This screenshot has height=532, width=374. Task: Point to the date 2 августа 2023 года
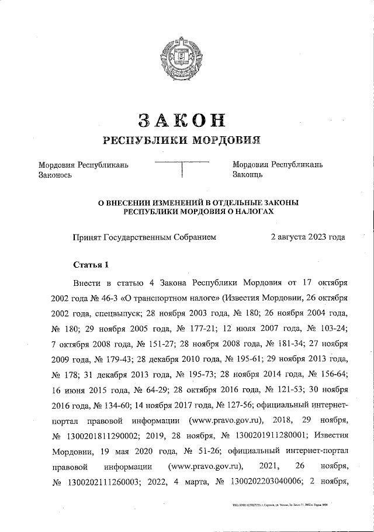[x=307, y=237]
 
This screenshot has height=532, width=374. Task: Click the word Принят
[x=86, y=237]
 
